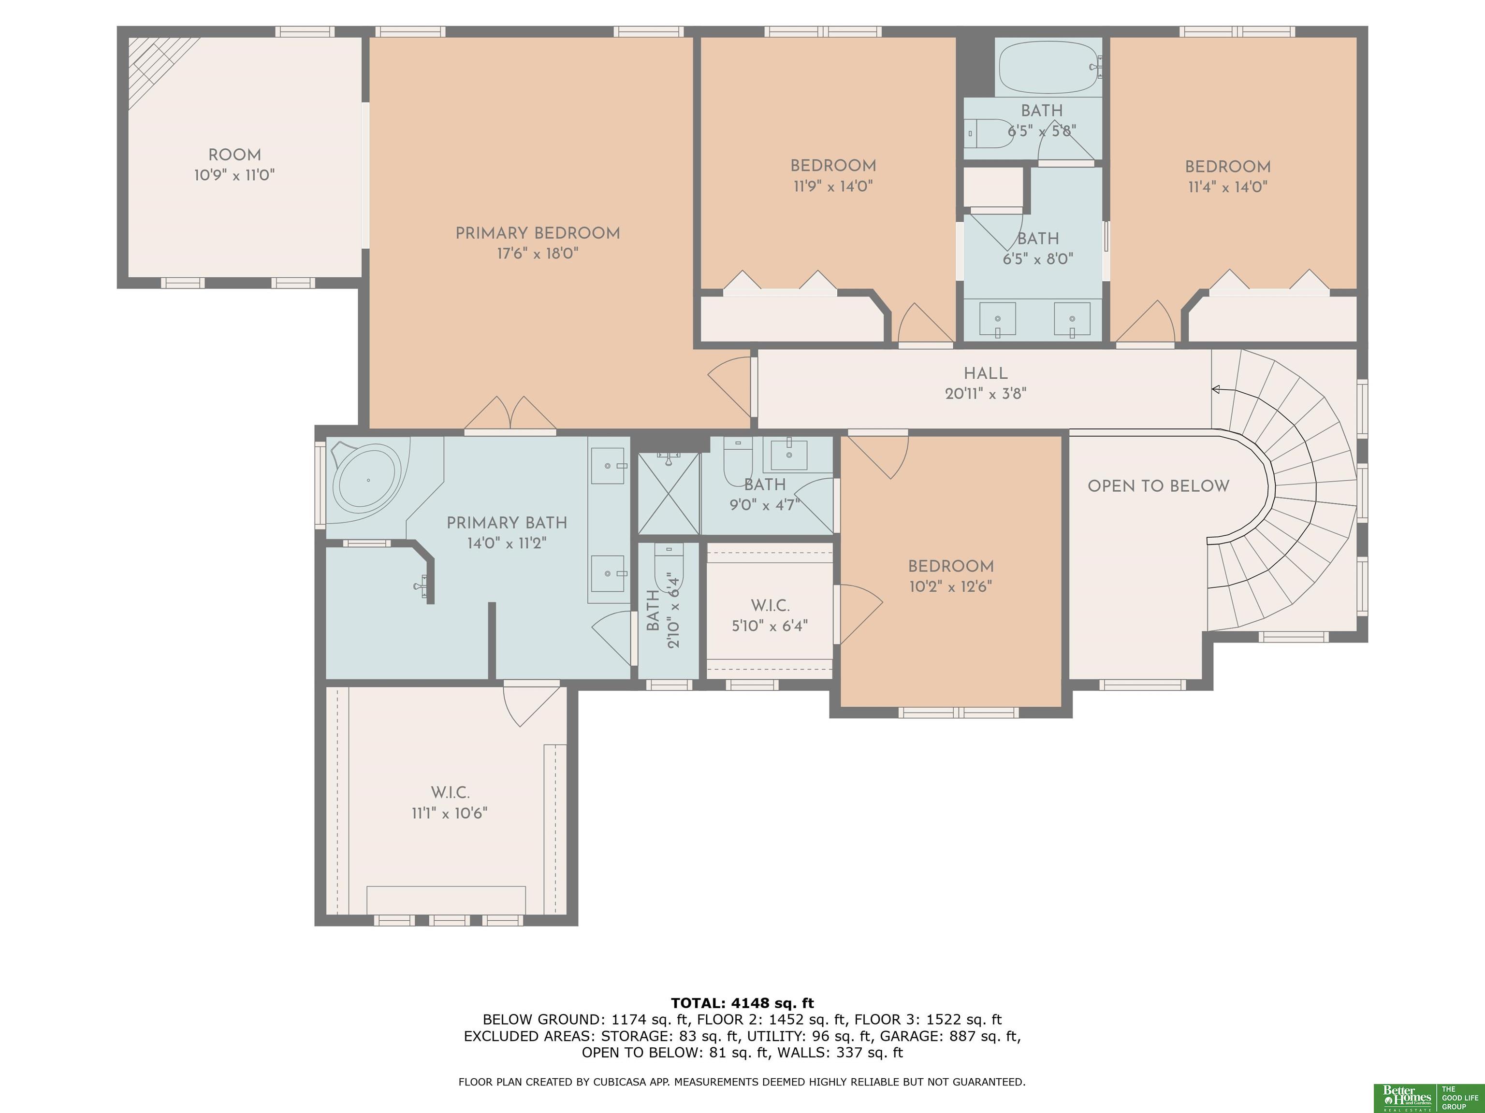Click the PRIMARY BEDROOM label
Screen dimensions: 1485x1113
point(537,233)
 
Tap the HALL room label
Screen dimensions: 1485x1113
point(986,374)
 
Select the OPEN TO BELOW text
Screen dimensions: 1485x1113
point(1158,486)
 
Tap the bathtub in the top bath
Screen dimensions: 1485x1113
point(1048,67)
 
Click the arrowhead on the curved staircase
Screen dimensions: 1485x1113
point(1216,389)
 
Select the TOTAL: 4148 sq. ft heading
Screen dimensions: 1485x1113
point(742,1003)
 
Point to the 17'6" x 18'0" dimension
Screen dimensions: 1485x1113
point(537,254)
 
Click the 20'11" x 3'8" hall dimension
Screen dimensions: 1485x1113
point(986,394)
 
